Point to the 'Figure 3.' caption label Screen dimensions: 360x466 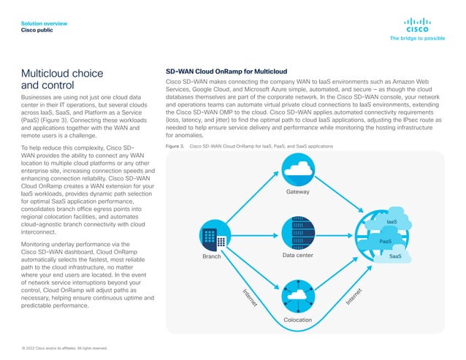click(175, 147)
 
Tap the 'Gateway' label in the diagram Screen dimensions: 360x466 click(297, 192)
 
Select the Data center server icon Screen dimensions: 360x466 click(297, 232)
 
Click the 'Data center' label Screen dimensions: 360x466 click(297, 256)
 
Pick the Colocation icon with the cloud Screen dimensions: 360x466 click(297, 296)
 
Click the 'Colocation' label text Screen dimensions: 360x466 click(297, 320)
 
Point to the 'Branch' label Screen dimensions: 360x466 click(212, 257)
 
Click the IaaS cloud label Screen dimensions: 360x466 click(391, 221)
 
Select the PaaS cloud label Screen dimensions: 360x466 click(386, 240)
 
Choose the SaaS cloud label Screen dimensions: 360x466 click(395, 256)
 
